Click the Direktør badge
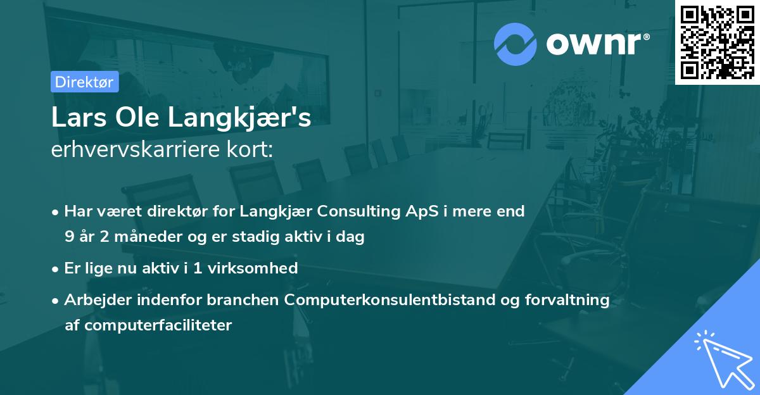(x=84, y=82)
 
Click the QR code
(x=717, y=42)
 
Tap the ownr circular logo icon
(x=516, y=44)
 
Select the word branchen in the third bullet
(x=250, y=299)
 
